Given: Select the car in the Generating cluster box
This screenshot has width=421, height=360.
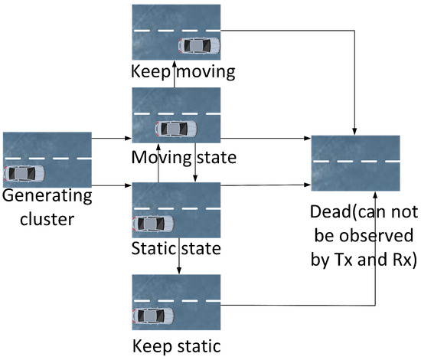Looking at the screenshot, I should [24, 173].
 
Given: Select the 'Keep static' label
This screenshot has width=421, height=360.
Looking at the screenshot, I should [176, 342].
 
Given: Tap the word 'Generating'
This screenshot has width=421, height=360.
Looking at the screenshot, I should [47, 195].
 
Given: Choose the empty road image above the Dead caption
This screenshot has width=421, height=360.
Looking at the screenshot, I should [355, 162].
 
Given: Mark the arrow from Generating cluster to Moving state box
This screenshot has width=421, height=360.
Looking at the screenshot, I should [111, 139].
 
